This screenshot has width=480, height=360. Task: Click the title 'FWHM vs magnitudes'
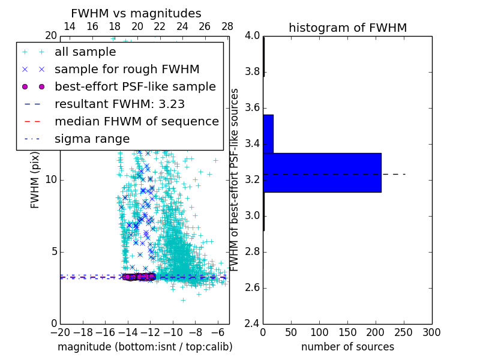136,13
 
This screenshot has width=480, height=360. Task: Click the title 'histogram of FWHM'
347,28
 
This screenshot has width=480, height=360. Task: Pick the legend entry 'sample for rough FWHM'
127,69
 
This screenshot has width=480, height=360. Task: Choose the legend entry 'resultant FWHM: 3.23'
119,104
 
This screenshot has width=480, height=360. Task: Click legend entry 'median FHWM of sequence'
136,121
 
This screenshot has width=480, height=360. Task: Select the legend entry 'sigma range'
92,139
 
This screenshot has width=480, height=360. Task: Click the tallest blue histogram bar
322,172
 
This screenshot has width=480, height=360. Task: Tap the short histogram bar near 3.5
268,134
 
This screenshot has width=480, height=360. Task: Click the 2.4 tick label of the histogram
252,323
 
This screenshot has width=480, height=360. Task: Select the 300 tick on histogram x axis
431,332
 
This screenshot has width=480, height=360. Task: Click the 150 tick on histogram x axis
347,332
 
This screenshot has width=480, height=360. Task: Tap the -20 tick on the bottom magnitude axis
60,332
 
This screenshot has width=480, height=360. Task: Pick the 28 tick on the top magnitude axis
227,26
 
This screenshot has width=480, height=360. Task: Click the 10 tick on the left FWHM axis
51,180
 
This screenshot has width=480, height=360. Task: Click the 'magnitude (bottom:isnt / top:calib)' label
145,347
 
